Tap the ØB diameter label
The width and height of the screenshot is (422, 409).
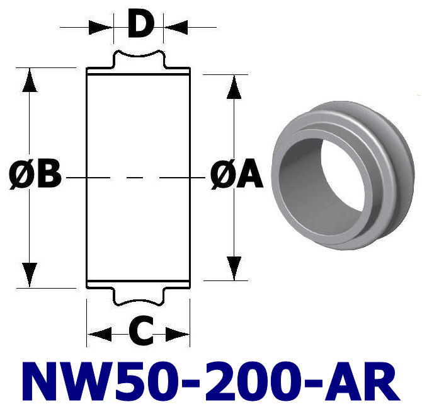[x=37, y=176]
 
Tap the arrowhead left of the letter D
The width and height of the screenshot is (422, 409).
[x=101, y=27]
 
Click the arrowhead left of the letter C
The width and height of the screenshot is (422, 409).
[x=99, y=333]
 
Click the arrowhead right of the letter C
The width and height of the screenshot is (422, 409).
[x=178, y=333]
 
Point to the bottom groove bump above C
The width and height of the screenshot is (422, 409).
[x=139, y=296]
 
